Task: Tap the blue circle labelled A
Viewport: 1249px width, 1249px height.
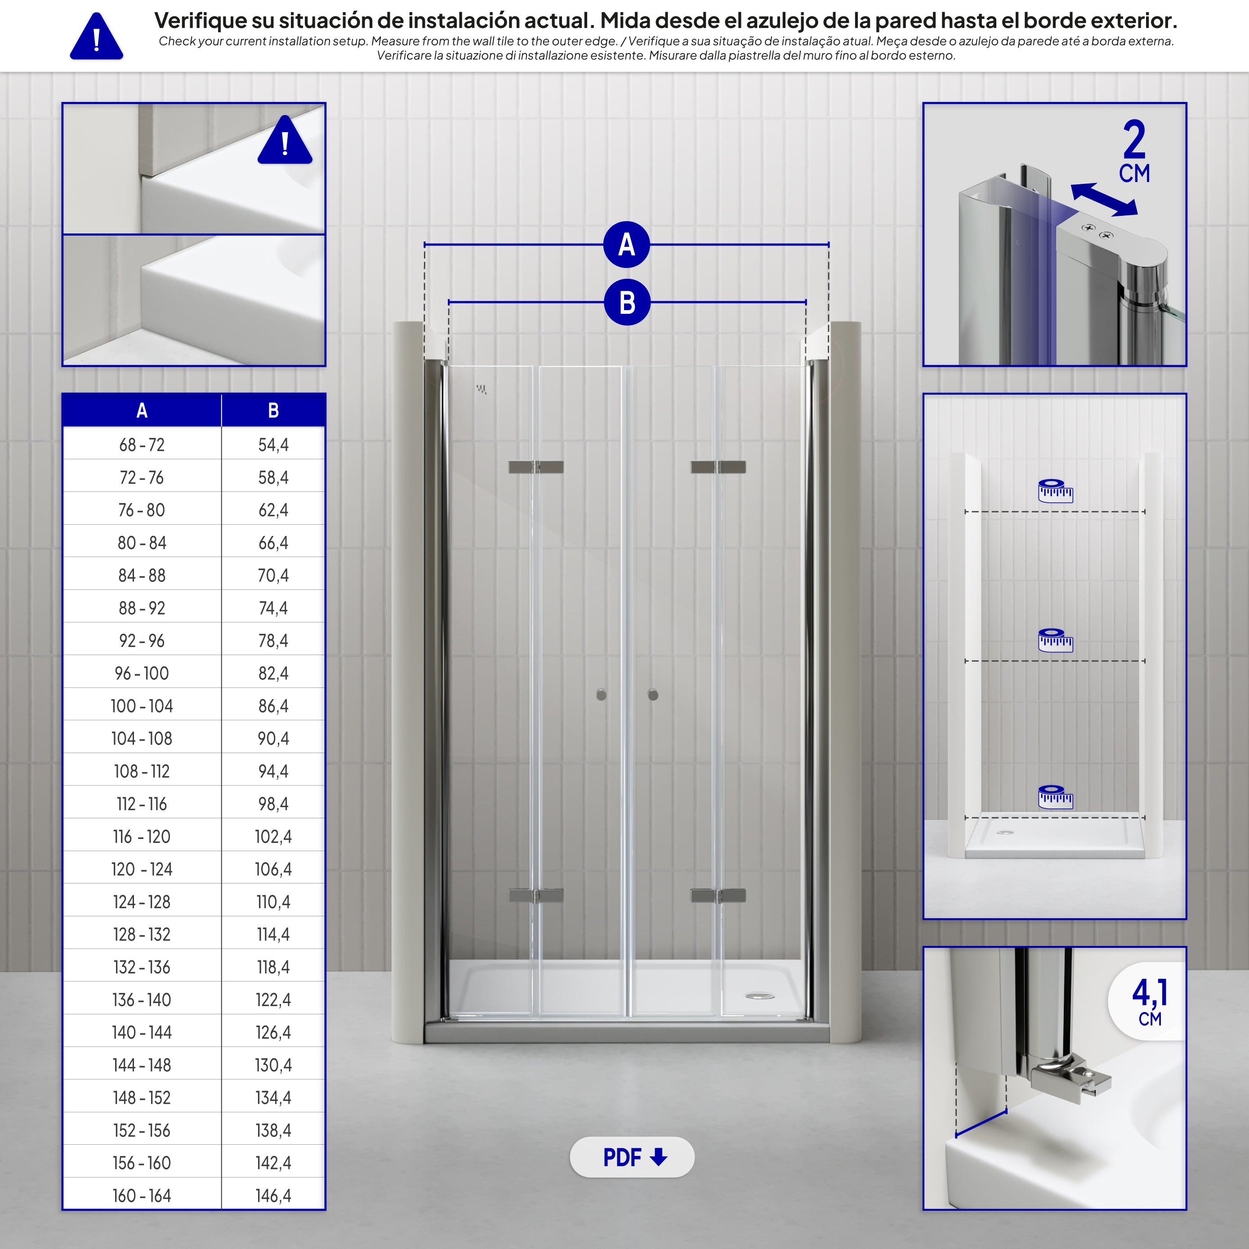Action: click(x=626, y=245)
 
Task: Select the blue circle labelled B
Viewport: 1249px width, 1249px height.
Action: click(x=626, y=302)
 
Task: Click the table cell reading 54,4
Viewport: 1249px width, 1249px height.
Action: click(x=273, y=445)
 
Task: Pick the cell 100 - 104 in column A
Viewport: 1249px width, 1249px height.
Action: click(x=142, y=706)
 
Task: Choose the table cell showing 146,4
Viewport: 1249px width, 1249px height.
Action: click(x=273, y=1195)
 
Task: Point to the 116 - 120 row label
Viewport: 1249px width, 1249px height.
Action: click(x=142, y=837)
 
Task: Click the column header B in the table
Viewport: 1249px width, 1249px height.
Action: click(x=273, y=410)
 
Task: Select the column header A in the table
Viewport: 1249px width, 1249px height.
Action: click(x=142, y=410)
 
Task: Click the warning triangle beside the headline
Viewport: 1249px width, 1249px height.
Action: click(x=96, y=36)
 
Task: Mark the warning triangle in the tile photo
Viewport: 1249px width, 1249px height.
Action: click(x=285, y=140)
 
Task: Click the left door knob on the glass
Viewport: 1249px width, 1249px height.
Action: click(x=601, y=695)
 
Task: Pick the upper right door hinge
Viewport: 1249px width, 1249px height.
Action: click(x=718, y=467)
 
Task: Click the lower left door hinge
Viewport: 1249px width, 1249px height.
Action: click(x=536, y=895)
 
